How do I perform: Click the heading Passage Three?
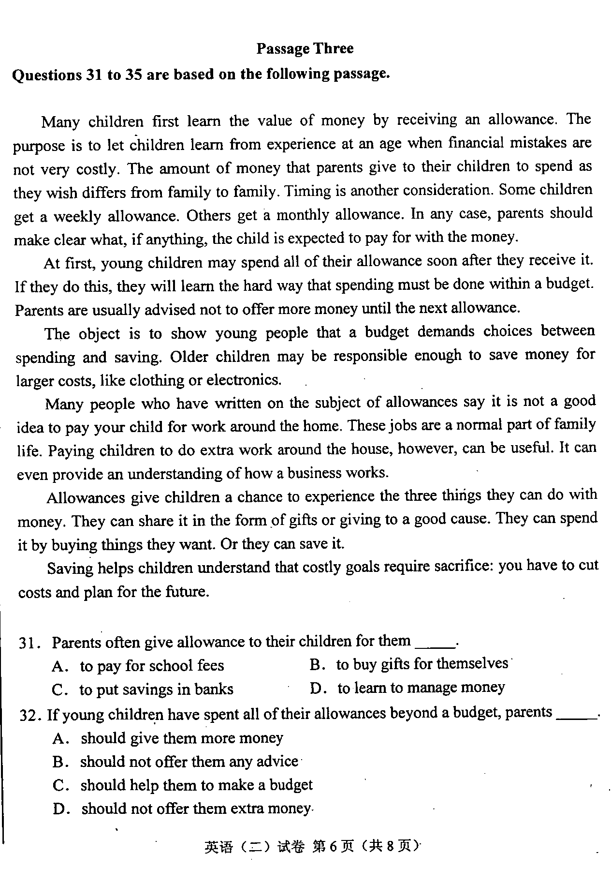(305, 48)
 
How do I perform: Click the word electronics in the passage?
(244, 380)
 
